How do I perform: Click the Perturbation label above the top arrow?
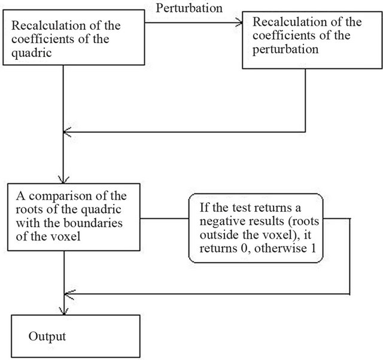189,8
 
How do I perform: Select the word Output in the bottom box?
47,337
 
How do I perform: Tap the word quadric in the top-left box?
32,53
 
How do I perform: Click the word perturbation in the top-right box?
285,50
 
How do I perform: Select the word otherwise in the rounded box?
281,248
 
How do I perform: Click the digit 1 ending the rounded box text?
313,248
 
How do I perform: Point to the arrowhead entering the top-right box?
239,23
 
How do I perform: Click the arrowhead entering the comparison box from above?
63,179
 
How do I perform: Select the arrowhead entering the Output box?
64,311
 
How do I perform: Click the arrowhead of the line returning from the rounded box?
70,294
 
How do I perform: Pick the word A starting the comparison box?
20,196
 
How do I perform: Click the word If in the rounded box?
203,208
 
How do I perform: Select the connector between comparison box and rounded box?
165,218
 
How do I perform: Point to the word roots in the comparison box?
26,209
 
